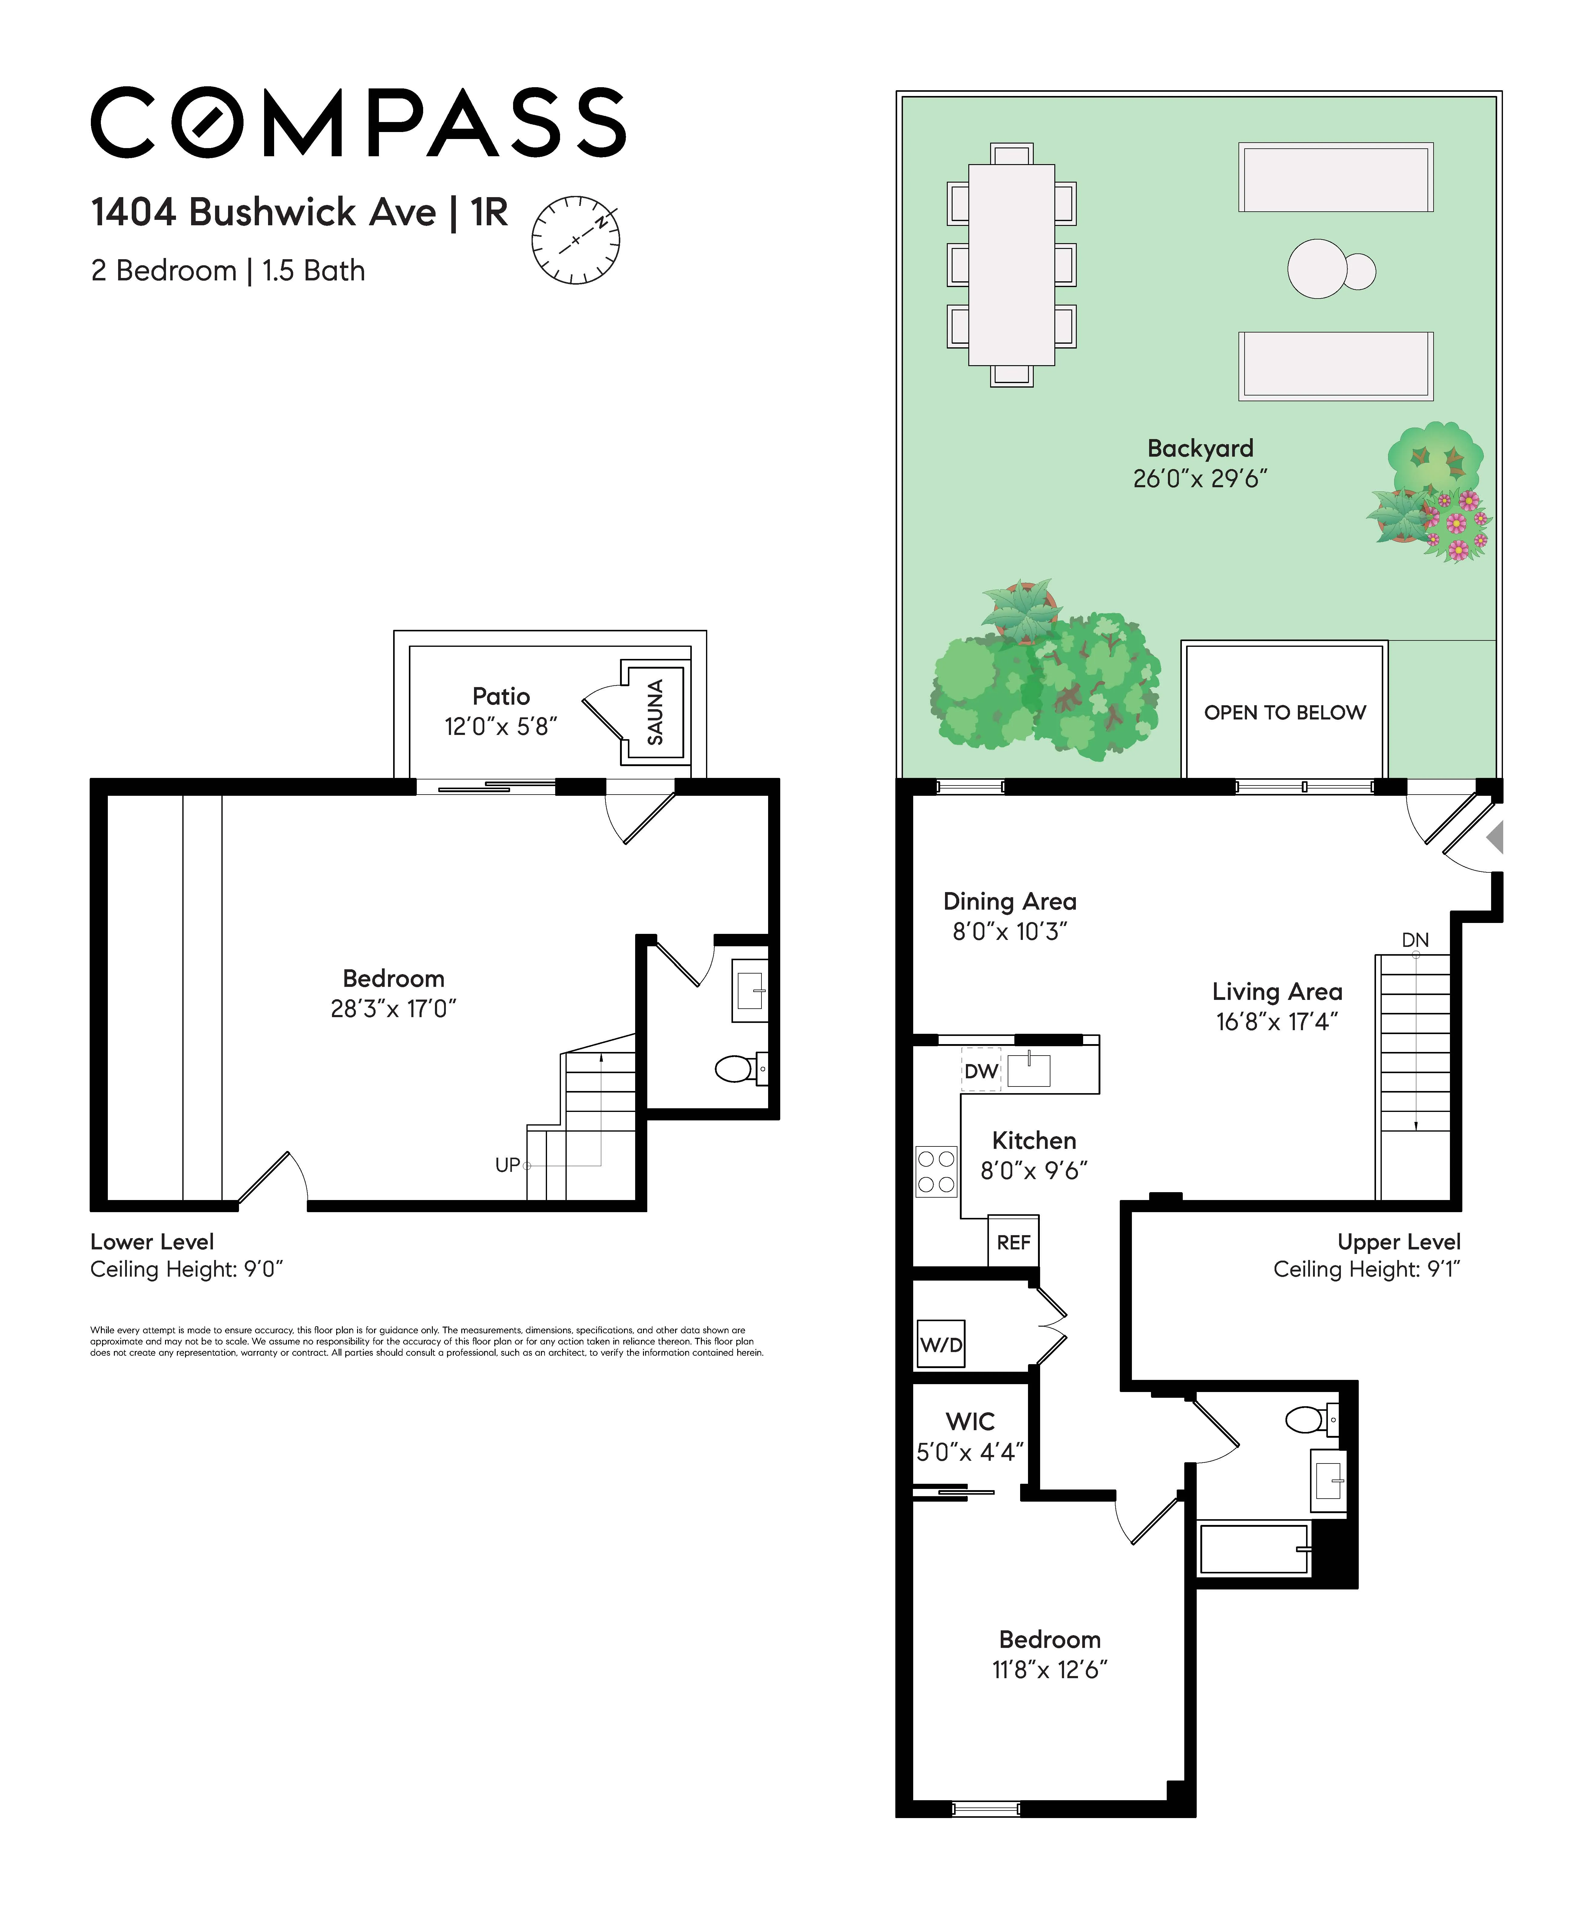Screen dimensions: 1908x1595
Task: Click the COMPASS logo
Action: point(358,123)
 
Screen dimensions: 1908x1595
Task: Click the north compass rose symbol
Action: point(575,240)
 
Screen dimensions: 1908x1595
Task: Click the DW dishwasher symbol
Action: point(981,1071)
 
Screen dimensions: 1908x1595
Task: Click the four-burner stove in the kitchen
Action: point(936,1171)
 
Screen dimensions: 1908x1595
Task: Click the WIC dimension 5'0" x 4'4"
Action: point(970,1452)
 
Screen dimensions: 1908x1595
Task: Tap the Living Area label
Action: point(1277,991)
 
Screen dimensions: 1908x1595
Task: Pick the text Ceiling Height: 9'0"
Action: point(186,1269)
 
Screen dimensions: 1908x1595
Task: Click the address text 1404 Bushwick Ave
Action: point(264,213)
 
